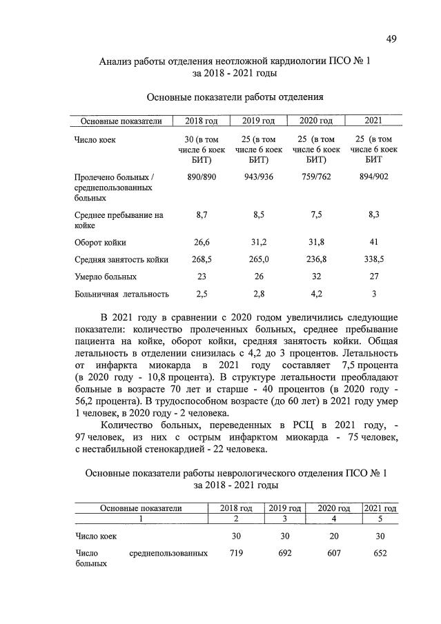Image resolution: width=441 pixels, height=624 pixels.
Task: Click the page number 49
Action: (x=391, y=39)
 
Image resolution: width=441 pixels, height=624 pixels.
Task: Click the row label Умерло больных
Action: (x=105, y=276)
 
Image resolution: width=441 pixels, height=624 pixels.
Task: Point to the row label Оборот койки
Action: (x=100, y=242)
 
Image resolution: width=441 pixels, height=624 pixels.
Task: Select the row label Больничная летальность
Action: (x=121, y=294)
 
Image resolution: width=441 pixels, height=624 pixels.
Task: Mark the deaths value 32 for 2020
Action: (x=316, y=276)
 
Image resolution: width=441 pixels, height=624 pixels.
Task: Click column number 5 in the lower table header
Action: (x=380, y=519)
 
